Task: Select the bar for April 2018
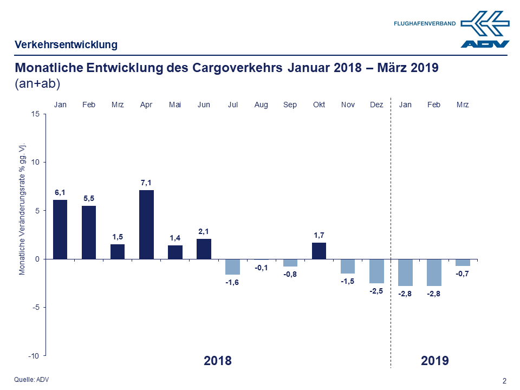(146, 224)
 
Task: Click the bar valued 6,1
(60, 229)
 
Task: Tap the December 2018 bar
(376, 271)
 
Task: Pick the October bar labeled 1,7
(319, 251)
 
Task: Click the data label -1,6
(232, 282)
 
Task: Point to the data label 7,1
(146, 183)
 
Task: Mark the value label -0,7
(463, 274)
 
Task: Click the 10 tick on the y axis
(35, 162)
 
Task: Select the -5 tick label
(35, 307)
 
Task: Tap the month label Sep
(290, 105)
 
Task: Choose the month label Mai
(175, 105)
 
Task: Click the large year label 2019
(434, 361)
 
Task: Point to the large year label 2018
(218, 361)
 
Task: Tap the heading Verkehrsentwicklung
(66, 45)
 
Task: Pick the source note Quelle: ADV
(31, 380)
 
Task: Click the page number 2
(504, 381)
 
